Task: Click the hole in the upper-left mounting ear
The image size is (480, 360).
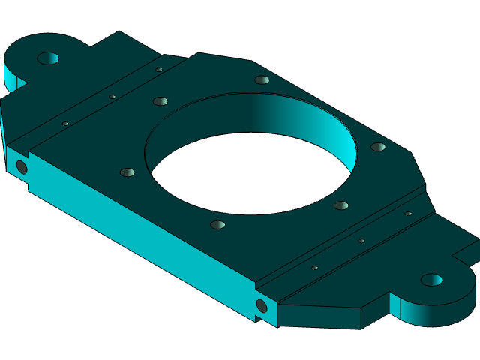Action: [x=48, y=58]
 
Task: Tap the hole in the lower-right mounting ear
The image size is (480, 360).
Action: [x=431, y=280]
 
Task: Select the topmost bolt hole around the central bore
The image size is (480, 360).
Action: [x=262, y=80]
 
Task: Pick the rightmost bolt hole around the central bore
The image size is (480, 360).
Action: [x=378, y=147]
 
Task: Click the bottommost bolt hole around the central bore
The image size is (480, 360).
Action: [x=217, y=225]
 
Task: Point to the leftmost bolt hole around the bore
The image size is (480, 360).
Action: [x=127, y=172]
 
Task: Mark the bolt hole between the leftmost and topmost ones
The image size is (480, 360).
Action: [x=160, y=101]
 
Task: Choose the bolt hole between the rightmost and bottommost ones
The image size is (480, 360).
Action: [x=341, y=205]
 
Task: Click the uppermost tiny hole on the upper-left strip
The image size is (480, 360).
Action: [x=159, y=70]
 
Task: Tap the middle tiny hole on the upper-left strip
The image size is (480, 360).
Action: [x=112, y=97]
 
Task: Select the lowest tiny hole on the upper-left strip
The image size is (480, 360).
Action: [x=65, y=124]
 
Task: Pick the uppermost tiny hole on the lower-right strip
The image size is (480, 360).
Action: [x=409, y=214]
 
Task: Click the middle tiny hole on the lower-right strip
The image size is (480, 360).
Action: [x=361, y=241]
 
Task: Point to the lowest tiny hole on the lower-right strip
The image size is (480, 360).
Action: [x=315, y=268]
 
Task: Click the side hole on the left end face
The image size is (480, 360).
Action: [x=22, y=167]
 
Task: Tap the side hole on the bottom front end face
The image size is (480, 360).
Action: [x=262, y=306]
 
